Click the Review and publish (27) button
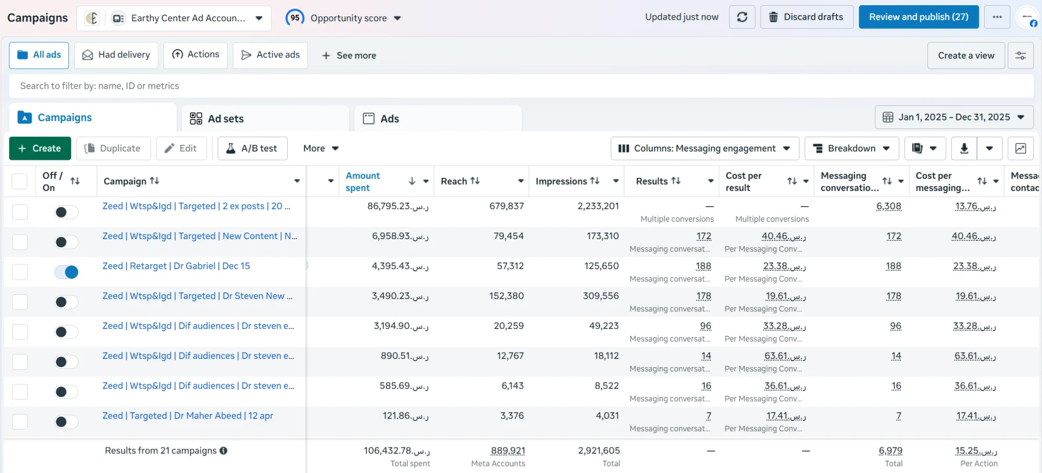click(x=918, y=17)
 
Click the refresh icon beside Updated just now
click(x=742, y=17)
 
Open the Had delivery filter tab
click(x=116, y=55)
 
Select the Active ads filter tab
click(x=270, y=55)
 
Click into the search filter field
click(x=521, y=86)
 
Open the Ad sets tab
click(x=265, y=119)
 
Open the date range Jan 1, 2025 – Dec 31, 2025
click(x=954, y=117)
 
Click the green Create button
click(x=40, y=148)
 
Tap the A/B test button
click(x=252, y=148)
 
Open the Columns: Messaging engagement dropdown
click(x=705, y=148)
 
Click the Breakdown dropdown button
click(x=852, y=148)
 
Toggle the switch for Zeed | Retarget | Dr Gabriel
click(x=67, y=272)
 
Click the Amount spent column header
click(x=363, y=181)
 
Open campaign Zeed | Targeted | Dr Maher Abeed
click(x=188, y=416)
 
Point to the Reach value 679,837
click(x=507, y=206)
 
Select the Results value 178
click(x=704, y=296)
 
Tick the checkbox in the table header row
click(x=20, y=181)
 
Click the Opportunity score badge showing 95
click(x=295, y=17)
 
